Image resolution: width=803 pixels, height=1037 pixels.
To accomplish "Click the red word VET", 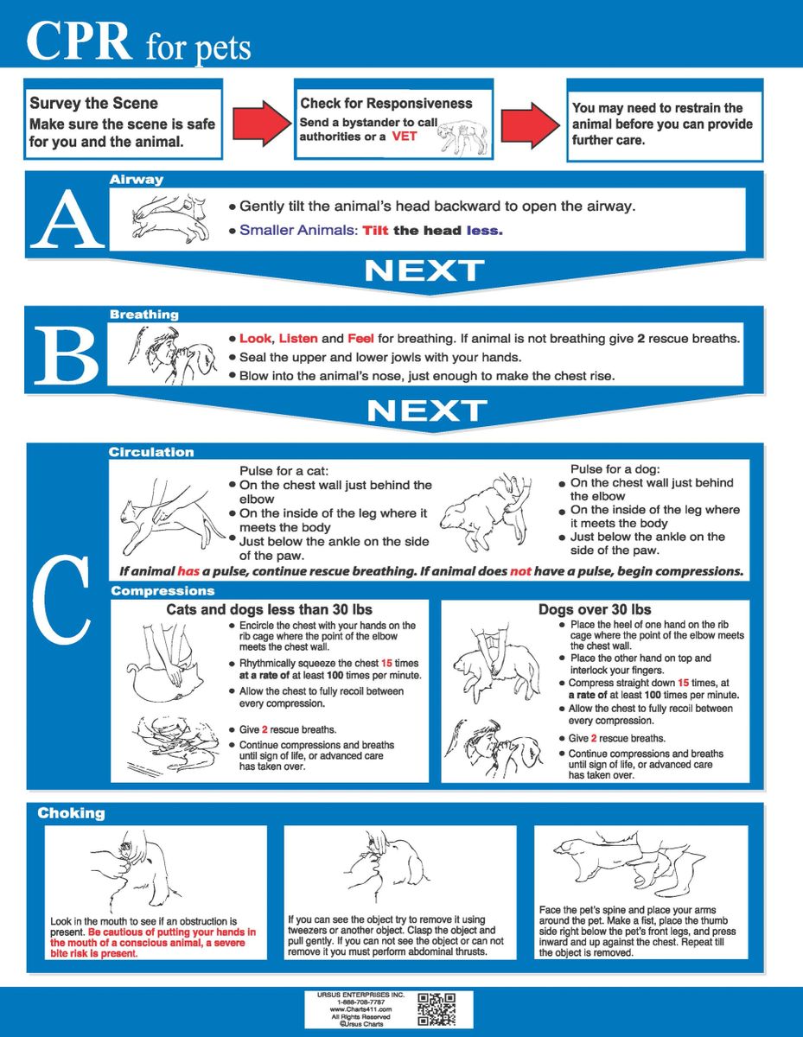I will pos(404,137).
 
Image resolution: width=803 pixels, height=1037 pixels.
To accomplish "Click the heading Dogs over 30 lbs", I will pos(595,609).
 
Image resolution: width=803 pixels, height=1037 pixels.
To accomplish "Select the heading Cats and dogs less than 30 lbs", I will pos(269,609).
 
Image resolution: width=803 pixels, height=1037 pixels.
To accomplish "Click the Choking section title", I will pos(71,813).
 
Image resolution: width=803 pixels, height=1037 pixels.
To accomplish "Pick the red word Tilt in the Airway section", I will pos(376,231).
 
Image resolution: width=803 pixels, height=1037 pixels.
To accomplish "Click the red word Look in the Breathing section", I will pos(255,339).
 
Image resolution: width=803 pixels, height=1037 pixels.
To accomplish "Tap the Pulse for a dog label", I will pos(610,468).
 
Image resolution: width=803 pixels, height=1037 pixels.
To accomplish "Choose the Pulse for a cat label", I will pos(278,471).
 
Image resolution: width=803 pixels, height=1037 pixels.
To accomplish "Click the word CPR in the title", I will pos(80,40).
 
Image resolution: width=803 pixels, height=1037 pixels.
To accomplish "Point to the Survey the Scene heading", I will pos(93,104).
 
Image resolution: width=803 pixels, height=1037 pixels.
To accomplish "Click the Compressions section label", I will pos(163,591).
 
